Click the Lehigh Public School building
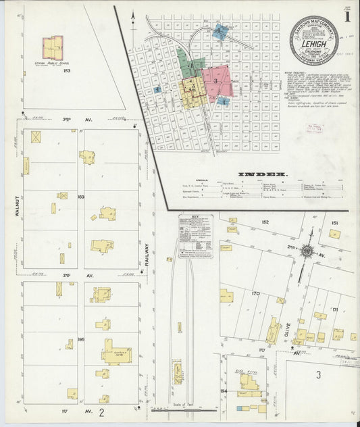click(53, 48)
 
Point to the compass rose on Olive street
click(307, 251)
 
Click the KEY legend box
click(196, 237)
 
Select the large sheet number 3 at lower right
click(317, 374)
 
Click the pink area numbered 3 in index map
click(215, 80)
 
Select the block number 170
click(255, 294)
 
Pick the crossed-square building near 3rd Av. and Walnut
click(36, 136)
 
